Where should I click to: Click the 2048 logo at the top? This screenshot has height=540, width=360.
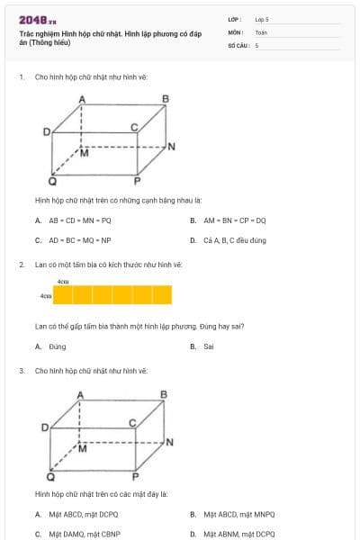(x=37, y=19)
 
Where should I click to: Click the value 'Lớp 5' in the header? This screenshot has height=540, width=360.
(x=262, y=19)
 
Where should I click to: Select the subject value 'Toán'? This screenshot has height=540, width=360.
(x=261, y=31)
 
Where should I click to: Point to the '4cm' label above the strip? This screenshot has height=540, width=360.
(x=63, y=282)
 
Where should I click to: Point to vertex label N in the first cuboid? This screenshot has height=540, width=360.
(x=171, y=146)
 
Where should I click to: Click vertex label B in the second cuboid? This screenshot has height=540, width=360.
(x=164, y=394)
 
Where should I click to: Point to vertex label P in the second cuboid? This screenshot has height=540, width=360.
(x=136, y=476)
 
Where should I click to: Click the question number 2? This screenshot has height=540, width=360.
(x=21, y=265)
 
